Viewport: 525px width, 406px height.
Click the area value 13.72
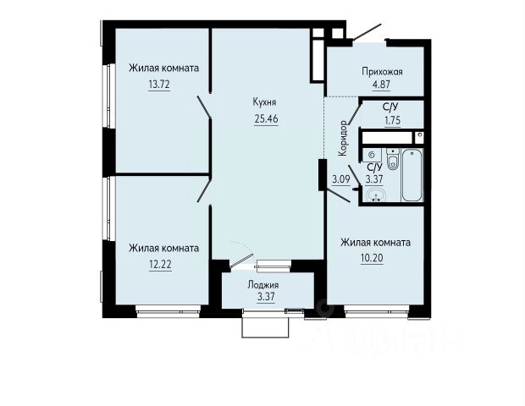[159, 85]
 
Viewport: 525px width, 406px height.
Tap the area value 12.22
[160, 265]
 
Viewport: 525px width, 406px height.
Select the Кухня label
[265, 102]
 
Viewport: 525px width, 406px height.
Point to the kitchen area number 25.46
[266, 118]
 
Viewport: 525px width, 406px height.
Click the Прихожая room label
[382, 71]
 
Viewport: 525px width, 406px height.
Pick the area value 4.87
[382, 84]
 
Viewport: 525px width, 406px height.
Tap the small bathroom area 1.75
[392, 120]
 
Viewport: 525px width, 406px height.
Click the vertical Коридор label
[343, 138]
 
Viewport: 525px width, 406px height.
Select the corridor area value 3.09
[341, 179]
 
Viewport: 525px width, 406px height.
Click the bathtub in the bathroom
[412, 175]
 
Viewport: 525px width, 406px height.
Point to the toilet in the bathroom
[393, 158]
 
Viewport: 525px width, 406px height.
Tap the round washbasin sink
[376, 195]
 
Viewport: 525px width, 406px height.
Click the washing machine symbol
[372, 155]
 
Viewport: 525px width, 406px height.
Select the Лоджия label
[263, 285]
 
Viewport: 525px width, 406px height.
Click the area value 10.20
[372, 258]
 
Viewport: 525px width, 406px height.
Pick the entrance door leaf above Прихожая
[367, 32]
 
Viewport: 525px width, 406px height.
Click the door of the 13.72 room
[203, 107]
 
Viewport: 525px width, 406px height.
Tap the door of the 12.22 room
[203, 189]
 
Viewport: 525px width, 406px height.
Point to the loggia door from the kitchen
[241, 261]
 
